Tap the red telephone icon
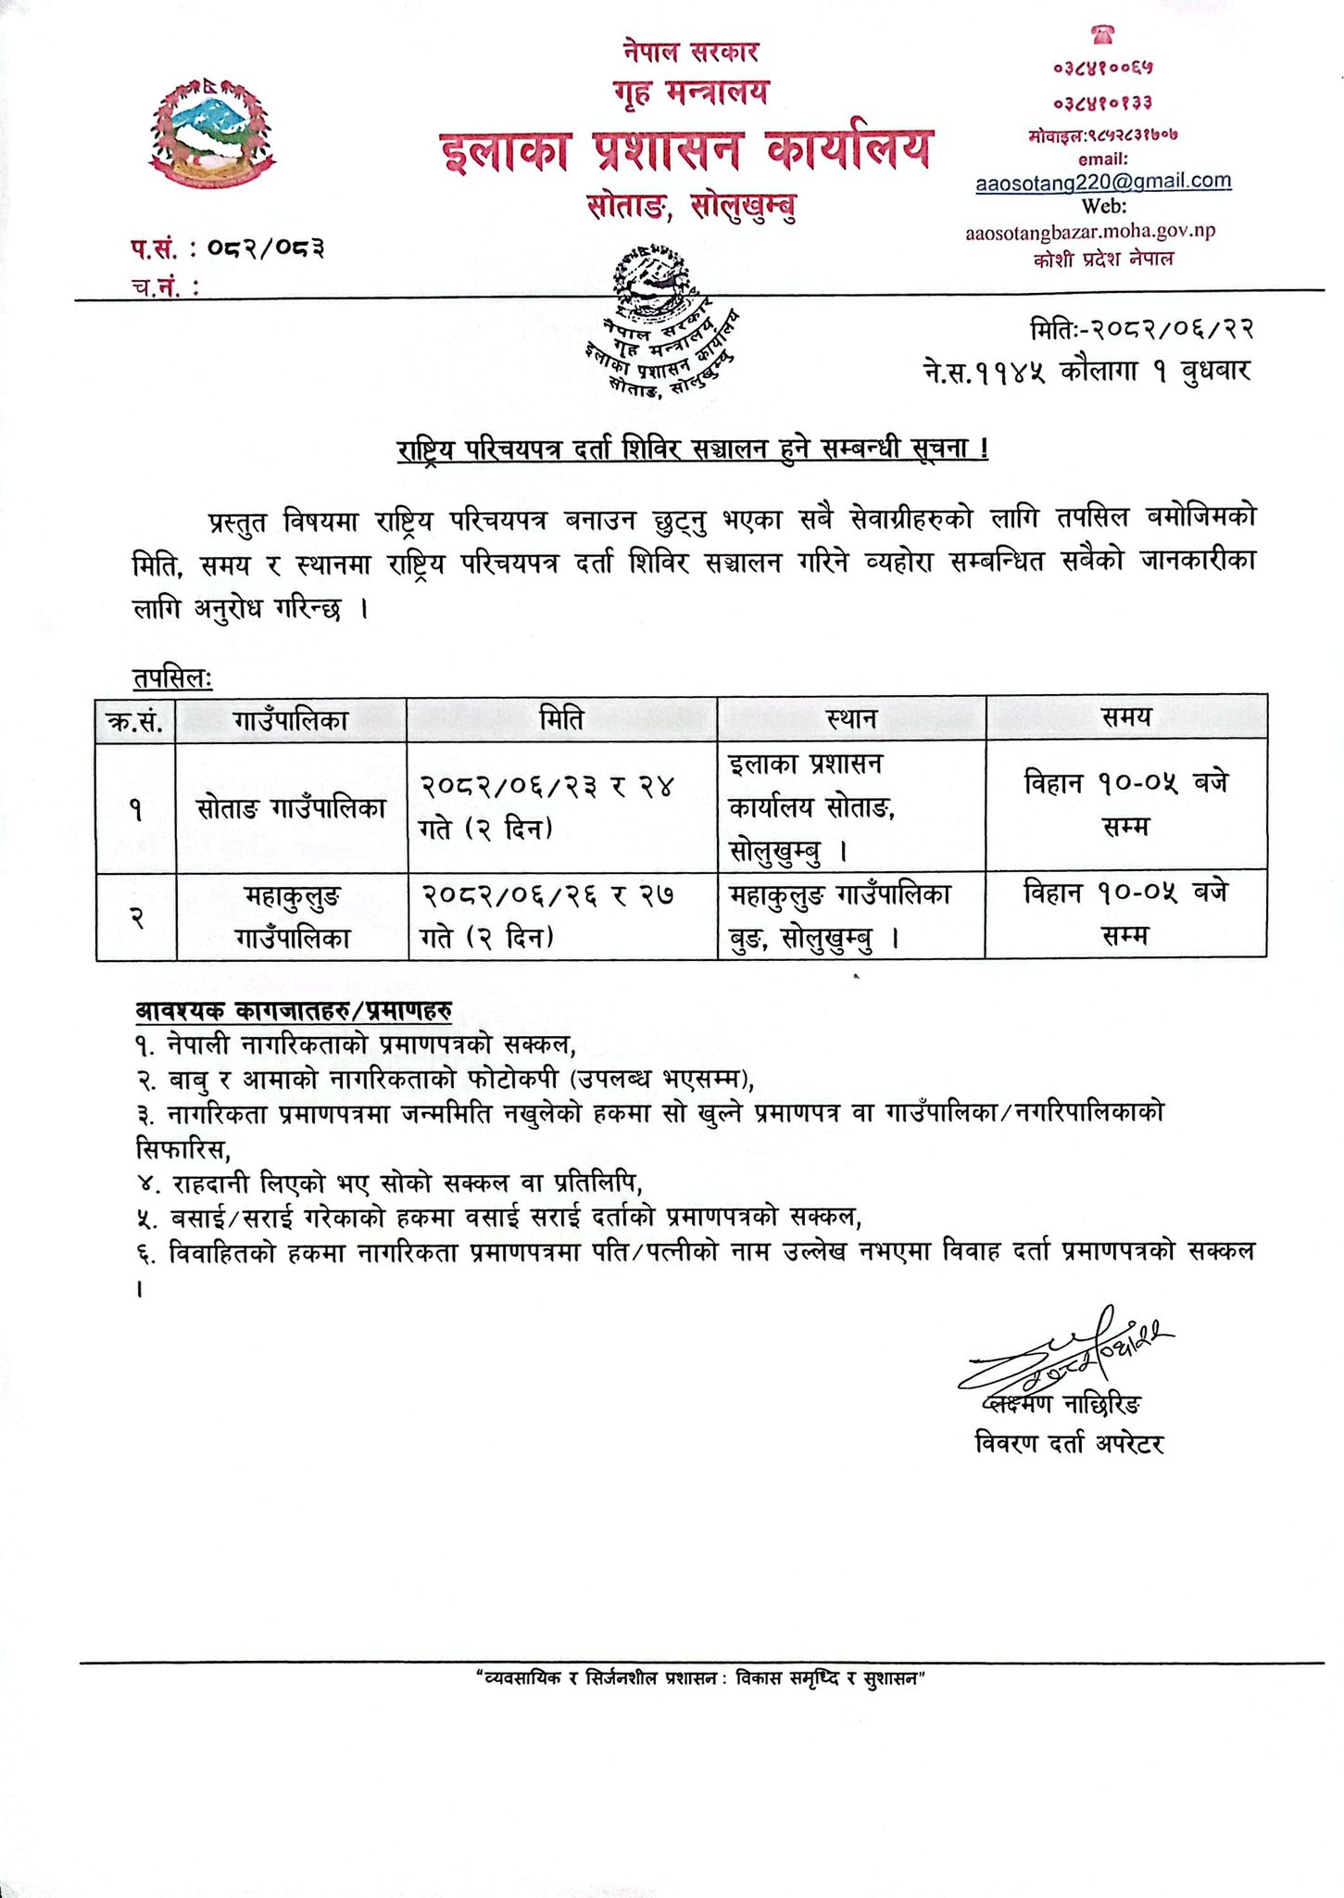[x=1102, y=34]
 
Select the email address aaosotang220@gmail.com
[x=1103, y=182]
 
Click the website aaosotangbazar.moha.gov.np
[x=1089, y=232]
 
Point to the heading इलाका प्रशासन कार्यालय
[x=686, y=150]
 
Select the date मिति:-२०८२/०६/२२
[x=1141, y=330]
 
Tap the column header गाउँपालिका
[x=291, y=719]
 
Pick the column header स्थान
[x=851, y=719]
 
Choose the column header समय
[x=1125, y=717]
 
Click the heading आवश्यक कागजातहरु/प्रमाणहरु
[x=294, y=1010]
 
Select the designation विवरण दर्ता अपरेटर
[x=1069, y=1444]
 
